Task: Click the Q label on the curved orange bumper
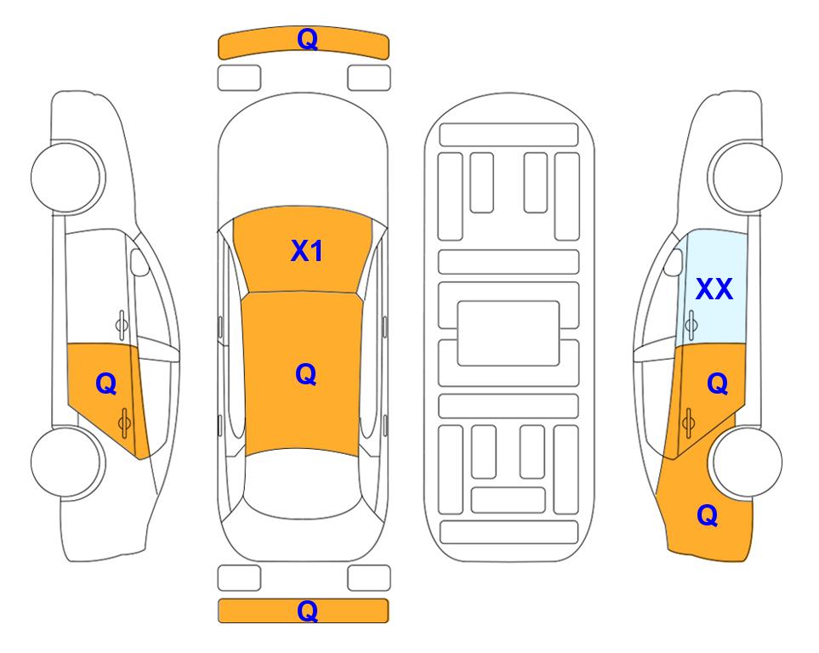(x=307, y=38)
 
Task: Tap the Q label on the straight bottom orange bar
(x=307, y=610)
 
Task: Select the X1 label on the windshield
(x=307, y=251)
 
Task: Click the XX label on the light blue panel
(x=714, y=289)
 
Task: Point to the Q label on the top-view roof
(x=306, y=374)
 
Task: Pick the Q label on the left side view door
(x=106, y=384)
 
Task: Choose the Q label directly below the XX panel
(x=718, y=384)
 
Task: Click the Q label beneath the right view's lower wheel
(x=708, y=515)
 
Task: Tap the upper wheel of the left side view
(x=66, y=177)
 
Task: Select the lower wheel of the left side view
(x=66, y=462)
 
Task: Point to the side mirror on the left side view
(x=139, y=262)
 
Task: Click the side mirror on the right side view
(x=674, y=262)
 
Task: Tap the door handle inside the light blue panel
(x=691, y=325)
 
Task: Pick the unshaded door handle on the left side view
(x=122, y=325)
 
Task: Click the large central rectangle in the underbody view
(x=509, y=333)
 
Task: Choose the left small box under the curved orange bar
(x=239, y=78)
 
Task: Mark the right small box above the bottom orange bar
(x=369, y=578)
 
